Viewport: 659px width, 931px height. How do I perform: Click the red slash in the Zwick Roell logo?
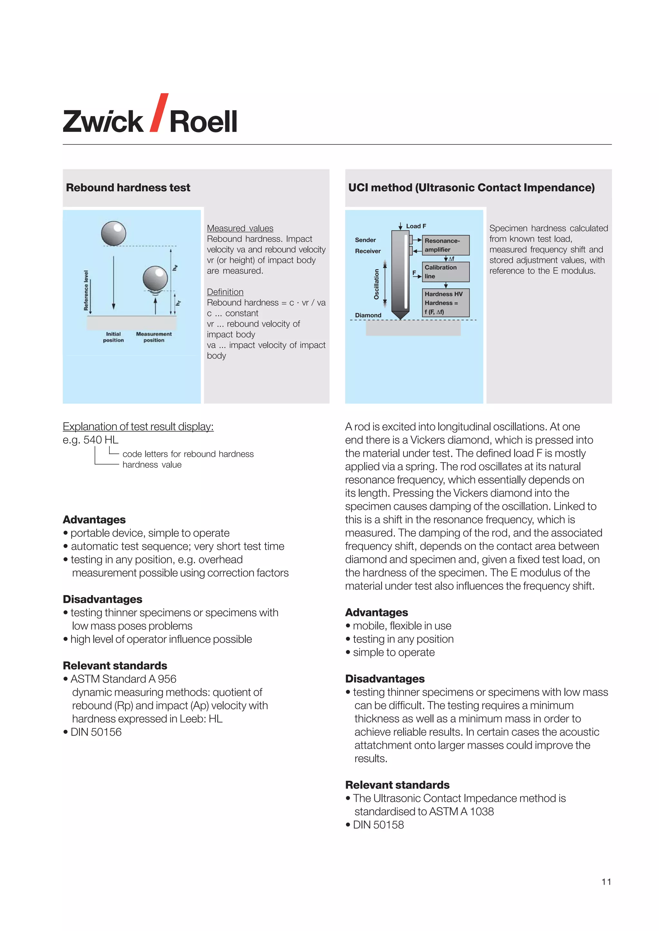(x=159, y=113)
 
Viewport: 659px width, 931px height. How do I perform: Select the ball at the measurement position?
(x=155, y=278)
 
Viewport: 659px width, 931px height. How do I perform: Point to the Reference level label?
(x=86, y=290)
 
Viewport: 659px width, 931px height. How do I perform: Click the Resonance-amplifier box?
(x=446, y=245)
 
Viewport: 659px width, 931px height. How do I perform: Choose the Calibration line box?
(x=446, y=272)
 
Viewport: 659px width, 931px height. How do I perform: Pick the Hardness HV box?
(x=446, y=303)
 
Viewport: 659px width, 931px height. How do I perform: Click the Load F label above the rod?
(x=415, y=226)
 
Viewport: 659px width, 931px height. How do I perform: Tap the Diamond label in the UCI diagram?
(x=368, y=315)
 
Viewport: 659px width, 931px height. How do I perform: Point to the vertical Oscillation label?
(x=376, y=284)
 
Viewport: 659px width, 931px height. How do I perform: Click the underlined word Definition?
(x=225, y=292)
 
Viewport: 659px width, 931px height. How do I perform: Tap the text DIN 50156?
(x=96, y=732)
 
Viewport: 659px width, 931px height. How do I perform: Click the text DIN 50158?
(x=378, y=825)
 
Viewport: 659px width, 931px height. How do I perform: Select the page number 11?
(x=606, y=882)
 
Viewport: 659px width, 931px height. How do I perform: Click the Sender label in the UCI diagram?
(x=365, y=240)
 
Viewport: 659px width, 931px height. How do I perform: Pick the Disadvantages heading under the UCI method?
(x=385, y=679)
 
